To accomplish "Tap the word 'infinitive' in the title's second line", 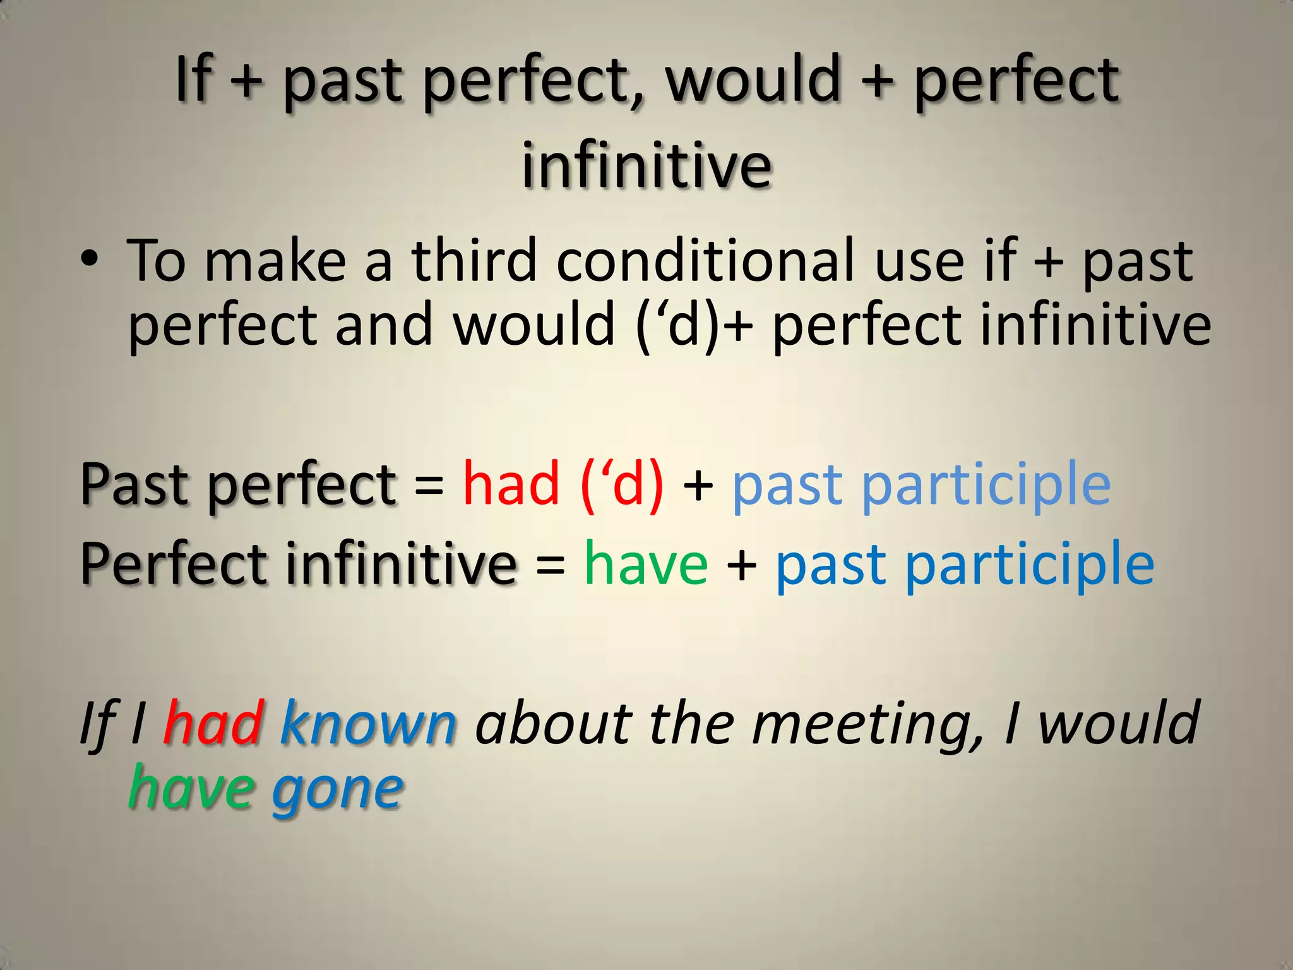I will click(x=646, y=165).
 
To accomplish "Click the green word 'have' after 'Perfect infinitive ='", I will click(x=646, y=564).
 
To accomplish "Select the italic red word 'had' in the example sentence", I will click(x=213, y=724).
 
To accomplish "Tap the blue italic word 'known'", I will click(x=368, y=724).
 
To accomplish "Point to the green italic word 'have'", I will click(x=190, y=789).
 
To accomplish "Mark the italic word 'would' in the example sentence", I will click(x=1118, y=724).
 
